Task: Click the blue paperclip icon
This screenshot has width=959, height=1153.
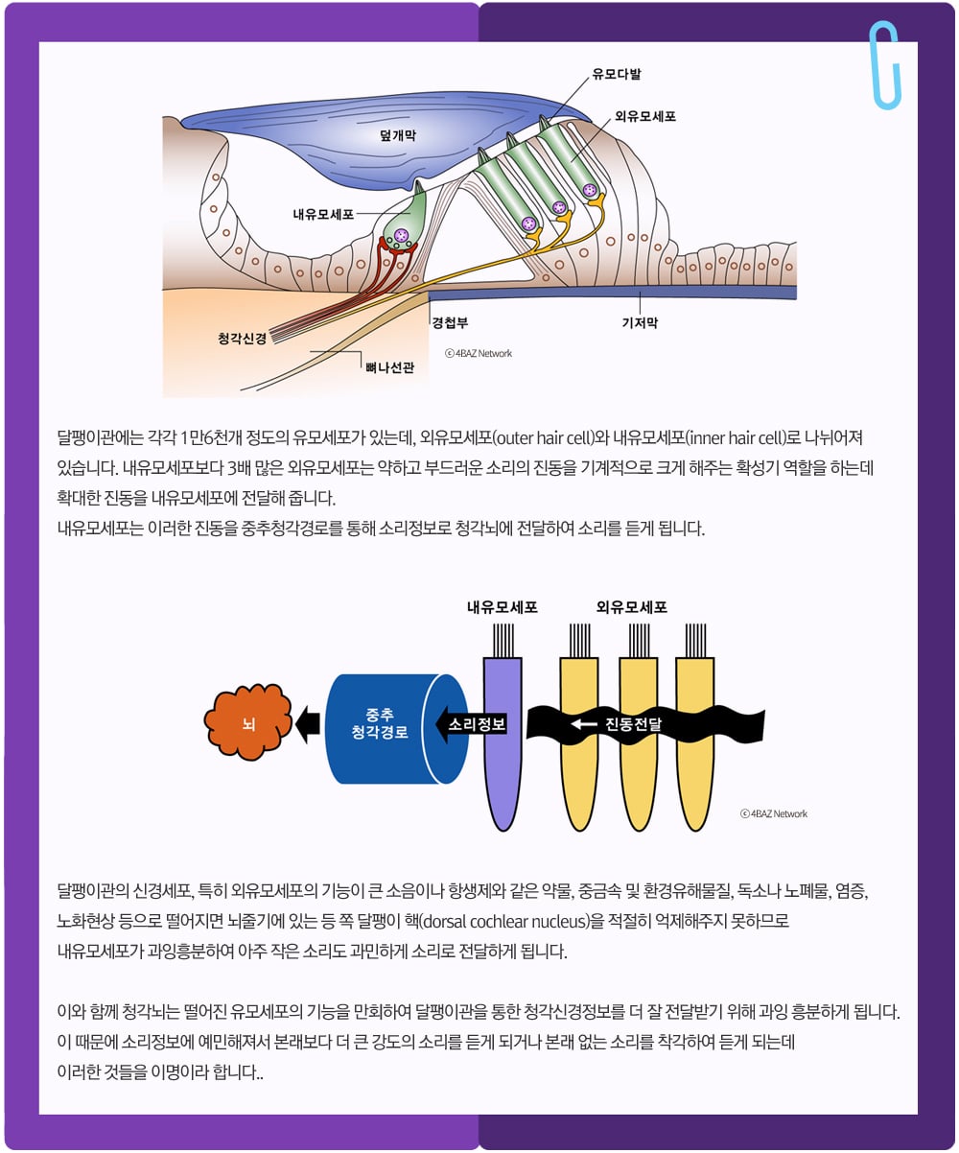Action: click(x=884, y=64)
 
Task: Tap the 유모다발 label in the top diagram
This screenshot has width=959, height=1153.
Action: click(x=617, y=74)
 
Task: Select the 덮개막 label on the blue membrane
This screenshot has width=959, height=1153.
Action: click(x=398, y=135)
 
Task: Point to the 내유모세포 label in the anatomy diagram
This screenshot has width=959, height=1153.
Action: click(x=323, y=214)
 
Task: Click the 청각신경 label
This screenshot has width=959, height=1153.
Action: click(x=242, y=338)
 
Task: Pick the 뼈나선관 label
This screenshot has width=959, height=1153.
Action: click(x=389, y=367)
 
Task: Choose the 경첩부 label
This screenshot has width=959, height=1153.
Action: click(x=450, y=322)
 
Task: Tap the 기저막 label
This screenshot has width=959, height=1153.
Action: click(x=640, y=322)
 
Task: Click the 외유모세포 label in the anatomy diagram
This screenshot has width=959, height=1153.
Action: click(x=645, y=116)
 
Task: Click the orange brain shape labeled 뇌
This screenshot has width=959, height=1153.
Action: click(x=247, y=723)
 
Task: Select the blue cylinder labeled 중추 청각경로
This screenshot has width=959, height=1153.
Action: click(x=396, y=728)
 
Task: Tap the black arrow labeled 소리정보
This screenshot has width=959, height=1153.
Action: click(x=471, y=724)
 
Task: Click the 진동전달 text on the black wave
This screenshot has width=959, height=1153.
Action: click(x=633, y=724)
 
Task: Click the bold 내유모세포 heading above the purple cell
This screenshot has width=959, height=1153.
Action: click(x=503, y=607)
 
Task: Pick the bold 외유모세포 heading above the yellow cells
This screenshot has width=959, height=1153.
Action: click(x=632, y=607)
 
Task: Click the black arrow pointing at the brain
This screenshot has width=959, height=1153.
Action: click(x=308, y=724)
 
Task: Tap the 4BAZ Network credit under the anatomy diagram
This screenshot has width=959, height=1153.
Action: click(x=479, y=353)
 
